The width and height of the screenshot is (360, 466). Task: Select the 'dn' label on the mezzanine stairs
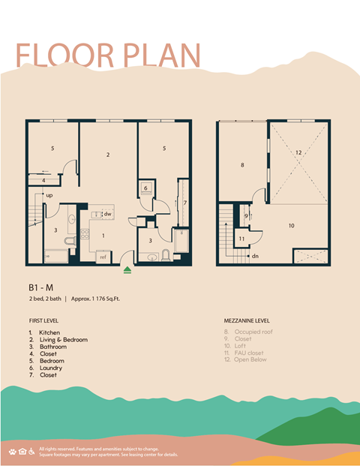pos(256,255)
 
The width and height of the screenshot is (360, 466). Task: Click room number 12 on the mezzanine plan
pos(298,152)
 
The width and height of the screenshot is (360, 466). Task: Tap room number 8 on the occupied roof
pos(242,164)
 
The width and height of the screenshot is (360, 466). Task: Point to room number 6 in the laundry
pos(145,188)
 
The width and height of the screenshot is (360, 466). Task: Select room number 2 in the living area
pos(108,155)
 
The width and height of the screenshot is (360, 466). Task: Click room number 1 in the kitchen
pos(103,236)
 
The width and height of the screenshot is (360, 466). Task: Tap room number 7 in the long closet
pos(184,203)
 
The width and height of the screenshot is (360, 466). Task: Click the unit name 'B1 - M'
pos(41,287)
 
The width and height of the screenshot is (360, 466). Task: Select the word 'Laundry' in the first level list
pos(50,368)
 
